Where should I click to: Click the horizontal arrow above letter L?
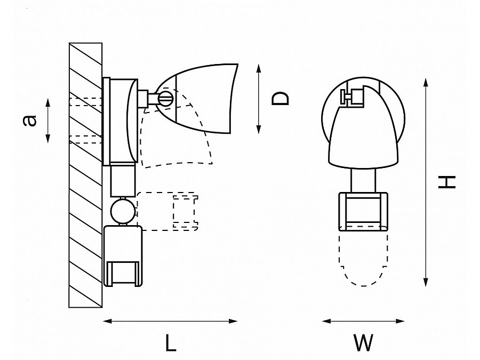pos(170,321)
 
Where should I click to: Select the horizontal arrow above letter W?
pos(363,321)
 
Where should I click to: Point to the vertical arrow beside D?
pos(258,99)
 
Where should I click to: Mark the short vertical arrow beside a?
pos(48,121)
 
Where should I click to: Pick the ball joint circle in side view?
pos(122,210)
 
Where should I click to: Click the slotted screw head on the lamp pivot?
pos(165,98)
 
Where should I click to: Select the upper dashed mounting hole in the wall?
pos(85,101)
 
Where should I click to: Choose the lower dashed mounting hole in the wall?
pos(85,140)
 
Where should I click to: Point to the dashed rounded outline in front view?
pos(363,261)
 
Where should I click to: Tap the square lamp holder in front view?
pos(363,211)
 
